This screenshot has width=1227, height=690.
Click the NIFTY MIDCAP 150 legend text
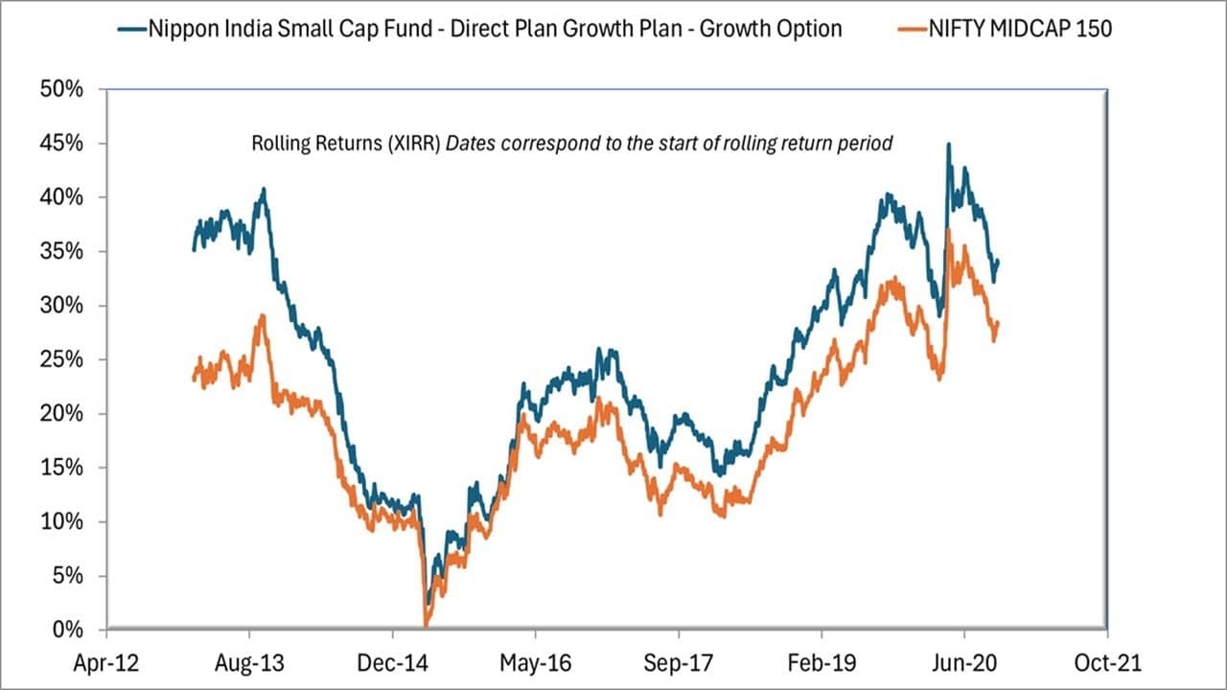1020,29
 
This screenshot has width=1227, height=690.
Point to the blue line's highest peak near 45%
948,145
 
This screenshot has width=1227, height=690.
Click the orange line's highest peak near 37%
948,230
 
